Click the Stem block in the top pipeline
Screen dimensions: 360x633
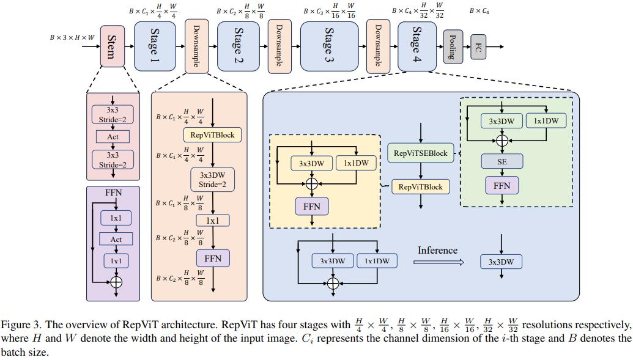(x=112, y=46)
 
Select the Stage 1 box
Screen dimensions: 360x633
(x=155, y=46)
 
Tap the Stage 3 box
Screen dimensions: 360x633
(x=329, y=46)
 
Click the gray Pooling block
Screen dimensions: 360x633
(x=453, y=46)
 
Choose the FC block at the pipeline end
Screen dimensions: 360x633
(x=478, y=46)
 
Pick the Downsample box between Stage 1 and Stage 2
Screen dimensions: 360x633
(x=196, y=46)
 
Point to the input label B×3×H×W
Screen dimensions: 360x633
(x=72, y=38)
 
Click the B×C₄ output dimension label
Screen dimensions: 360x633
(x=479, y=11)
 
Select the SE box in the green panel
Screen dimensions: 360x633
(x=502, y=161)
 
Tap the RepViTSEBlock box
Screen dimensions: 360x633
(x=420, y=153)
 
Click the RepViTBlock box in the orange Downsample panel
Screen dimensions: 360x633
(x=212, y=134)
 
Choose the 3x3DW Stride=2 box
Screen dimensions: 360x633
(x=212, y=180)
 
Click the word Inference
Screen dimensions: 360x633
(x=437, y=250)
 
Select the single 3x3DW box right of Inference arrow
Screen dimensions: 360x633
(x=501, y=262)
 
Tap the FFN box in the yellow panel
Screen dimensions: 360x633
(x=312, y=207)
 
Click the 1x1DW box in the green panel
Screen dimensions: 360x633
(x=546, y=121)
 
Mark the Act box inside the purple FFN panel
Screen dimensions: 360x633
(x=116, y=240)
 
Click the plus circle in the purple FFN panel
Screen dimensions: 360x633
(x=116, y=282)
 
